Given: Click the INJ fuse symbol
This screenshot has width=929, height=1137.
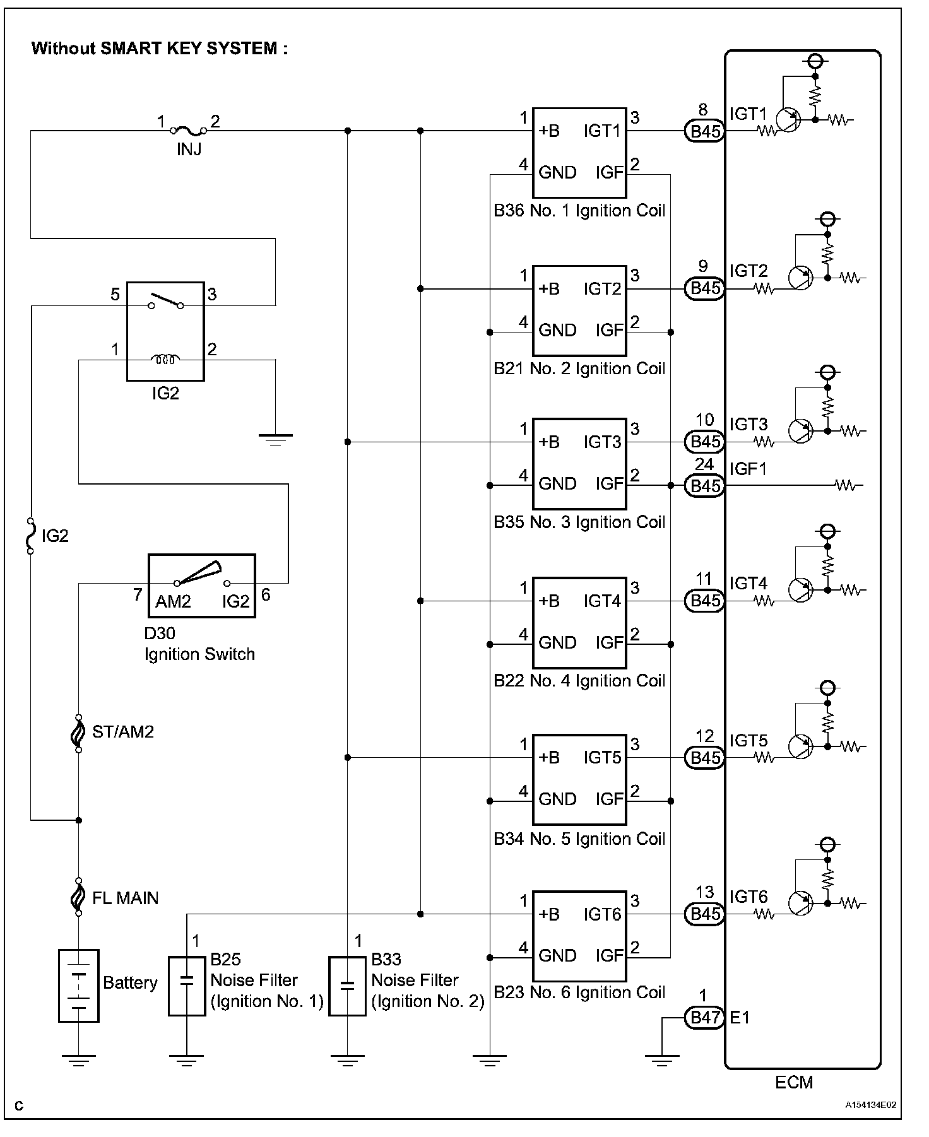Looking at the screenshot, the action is (x=189, y=131).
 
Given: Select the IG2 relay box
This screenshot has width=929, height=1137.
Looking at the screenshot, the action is (x=165, y=332).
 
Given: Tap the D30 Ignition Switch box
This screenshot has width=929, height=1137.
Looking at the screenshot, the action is (x=202, y=586).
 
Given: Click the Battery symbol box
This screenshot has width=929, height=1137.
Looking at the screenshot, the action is (x=78, y=986).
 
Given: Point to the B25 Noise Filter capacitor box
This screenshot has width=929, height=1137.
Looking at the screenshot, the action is (x=187, y=986).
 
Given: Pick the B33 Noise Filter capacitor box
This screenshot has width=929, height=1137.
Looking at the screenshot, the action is (x=347, y=986).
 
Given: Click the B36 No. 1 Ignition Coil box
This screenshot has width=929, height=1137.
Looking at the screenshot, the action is (x=579, y=153).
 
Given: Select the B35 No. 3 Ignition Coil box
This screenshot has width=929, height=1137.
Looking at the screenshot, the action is (x=579, y=464).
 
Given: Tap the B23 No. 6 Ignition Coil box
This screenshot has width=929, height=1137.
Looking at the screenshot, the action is (x=579, y=936).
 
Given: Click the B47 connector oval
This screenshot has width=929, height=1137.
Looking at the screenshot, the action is (x=704, y=1017).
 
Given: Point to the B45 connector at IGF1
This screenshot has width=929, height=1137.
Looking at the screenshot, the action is (x=704, y=486).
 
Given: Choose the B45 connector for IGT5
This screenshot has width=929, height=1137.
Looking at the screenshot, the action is (x=704, y=758).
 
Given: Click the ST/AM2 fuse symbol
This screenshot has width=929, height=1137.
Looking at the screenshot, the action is (x=78, y=733).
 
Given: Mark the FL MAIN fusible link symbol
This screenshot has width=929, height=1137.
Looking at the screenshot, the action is (x=78, y=896).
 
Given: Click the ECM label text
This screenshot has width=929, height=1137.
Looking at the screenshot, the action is (x=794, y=1083).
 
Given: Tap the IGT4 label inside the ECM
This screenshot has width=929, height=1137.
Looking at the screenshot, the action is (x=749, y=584).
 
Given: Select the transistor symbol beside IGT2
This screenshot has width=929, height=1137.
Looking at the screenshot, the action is (x=800, y=278).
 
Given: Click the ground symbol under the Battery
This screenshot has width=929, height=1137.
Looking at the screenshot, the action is (x=78, y=1061).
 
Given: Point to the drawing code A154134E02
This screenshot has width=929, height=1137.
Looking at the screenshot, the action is (x=871, y=1105).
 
